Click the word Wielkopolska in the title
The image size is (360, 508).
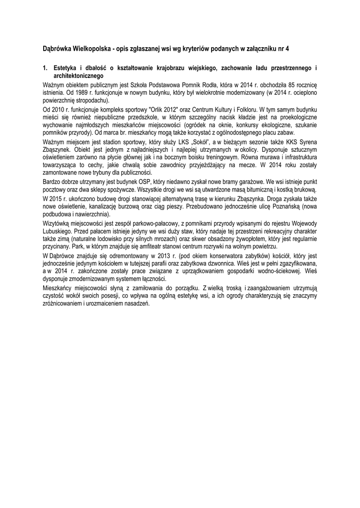pyautogui.click(x=91, y=49)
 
